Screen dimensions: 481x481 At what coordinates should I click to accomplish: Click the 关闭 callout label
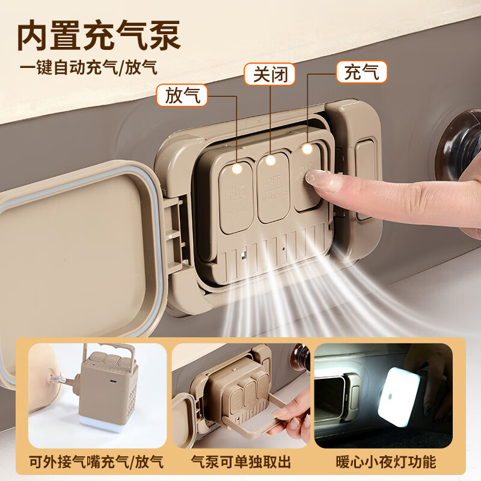pos(270,75)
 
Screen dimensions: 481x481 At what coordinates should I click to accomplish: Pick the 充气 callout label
pos(361,72)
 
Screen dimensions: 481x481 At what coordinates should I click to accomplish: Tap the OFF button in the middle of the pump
pos(274,189)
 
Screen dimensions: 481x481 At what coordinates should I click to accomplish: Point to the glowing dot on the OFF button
pos(271,160)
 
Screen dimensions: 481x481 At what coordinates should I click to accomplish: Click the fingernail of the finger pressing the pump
pos(316,179)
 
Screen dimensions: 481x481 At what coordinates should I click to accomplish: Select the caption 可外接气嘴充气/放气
pos(97,462)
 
